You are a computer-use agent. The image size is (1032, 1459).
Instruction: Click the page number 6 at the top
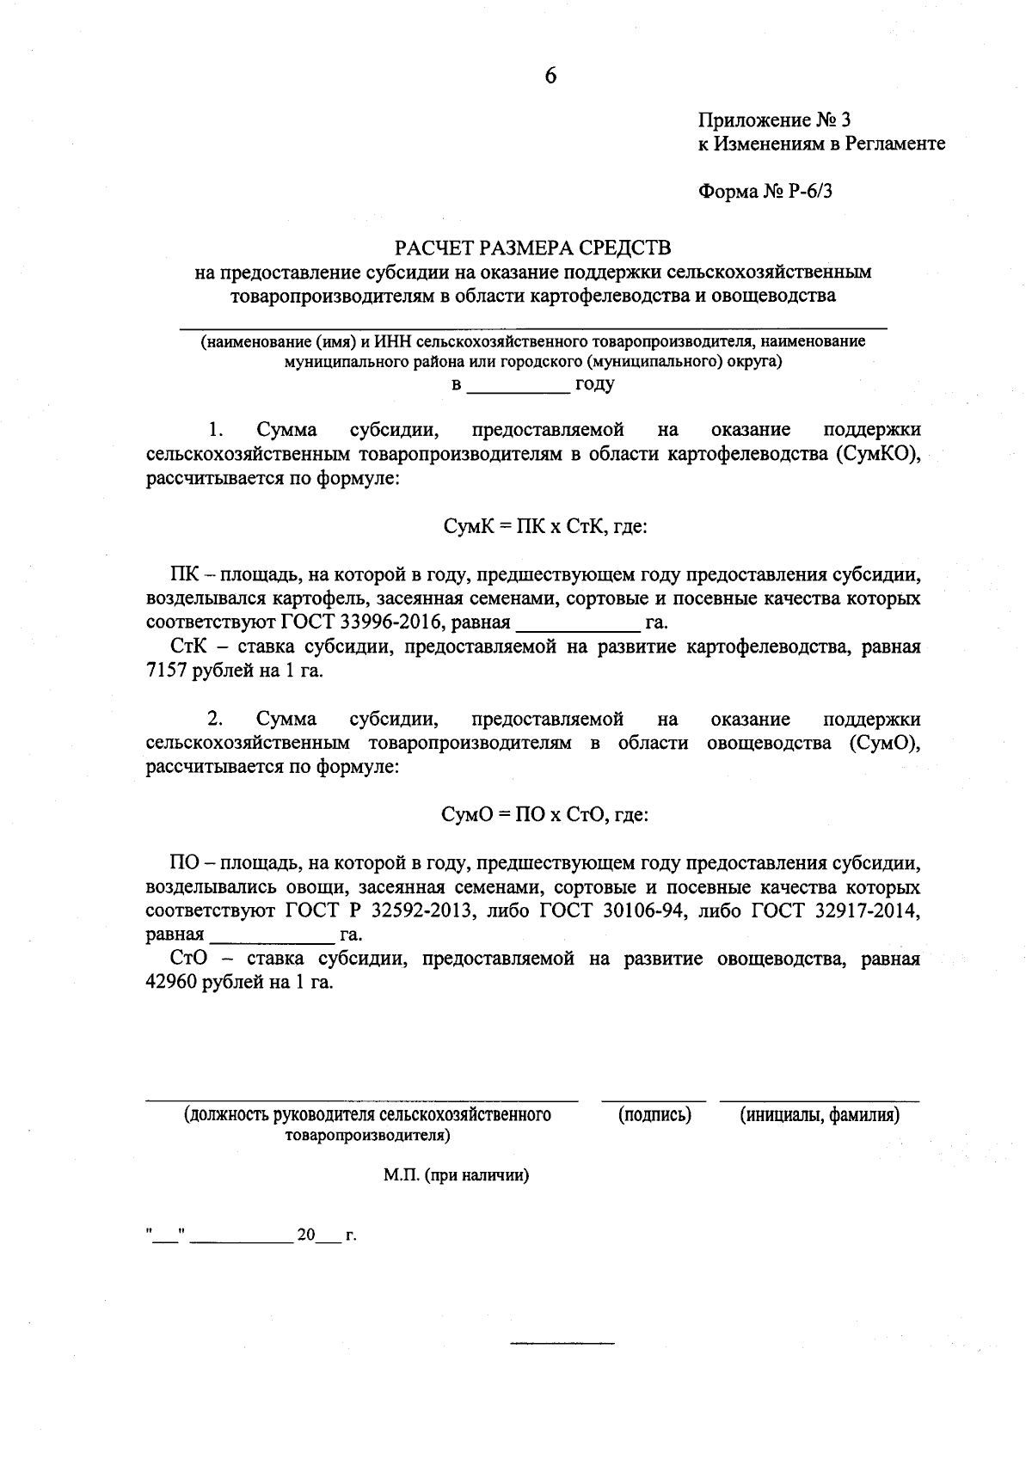point(550,77)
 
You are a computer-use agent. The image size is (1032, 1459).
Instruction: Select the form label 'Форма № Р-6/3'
point(765,191)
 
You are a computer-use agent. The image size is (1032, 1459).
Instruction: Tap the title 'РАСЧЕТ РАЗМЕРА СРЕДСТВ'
point(531,248)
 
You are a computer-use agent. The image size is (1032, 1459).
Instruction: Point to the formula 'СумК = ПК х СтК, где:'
point(544,526)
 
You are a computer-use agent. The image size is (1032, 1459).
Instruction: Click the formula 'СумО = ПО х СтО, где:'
point(544,815)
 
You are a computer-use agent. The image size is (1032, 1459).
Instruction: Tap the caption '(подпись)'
point(654,1116)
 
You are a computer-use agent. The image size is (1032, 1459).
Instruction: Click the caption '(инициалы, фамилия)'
point(820,1116)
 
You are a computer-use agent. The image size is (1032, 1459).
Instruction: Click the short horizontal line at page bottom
point(562,1342)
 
